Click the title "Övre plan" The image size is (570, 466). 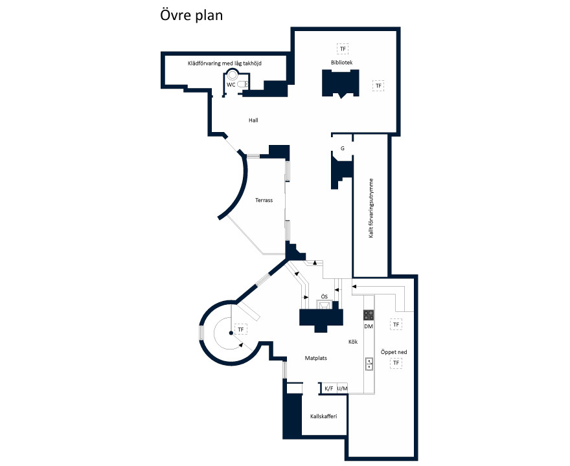click(191, 16)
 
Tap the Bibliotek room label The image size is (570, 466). click(342, 63)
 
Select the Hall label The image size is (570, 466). click(253, 120)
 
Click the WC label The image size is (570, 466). click(231, 85)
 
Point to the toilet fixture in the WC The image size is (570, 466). click(242, 85)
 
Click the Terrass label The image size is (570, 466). click(264, 200)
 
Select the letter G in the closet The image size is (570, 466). click(343, 148)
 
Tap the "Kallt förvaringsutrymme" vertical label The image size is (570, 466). click(371, 208)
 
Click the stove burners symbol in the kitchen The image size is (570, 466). click(369, 315)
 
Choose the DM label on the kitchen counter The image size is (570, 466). click(369, 327)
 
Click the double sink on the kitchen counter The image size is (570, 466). click(369, 364)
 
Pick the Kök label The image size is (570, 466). click(353, 342)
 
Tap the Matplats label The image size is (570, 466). click(316, 358)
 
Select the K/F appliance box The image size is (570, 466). click(329, 388)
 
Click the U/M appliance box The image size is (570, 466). click(343, 388)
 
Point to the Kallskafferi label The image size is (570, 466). click(323, 416)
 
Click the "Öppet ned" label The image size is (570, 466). click(394, 352)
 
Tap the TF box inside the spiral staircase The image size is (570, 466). click(241, 329)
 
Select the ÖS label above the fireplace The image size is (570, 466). click(325, 296)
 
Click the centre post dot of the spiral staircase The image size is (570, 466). click(231, 333)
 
